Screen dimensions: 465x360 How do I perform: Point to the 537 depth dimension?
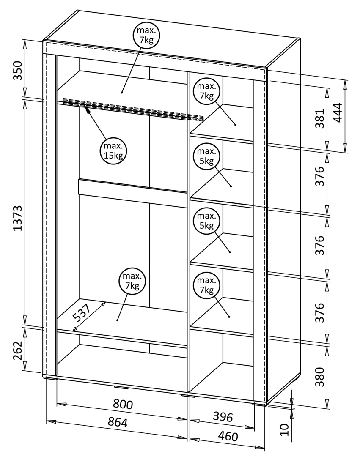pos(82,313)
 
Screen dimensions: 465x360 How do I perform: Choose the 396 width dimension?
pos(223,417)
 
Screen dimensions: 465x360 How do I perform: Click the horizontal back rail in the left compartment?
pos(132,193)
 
